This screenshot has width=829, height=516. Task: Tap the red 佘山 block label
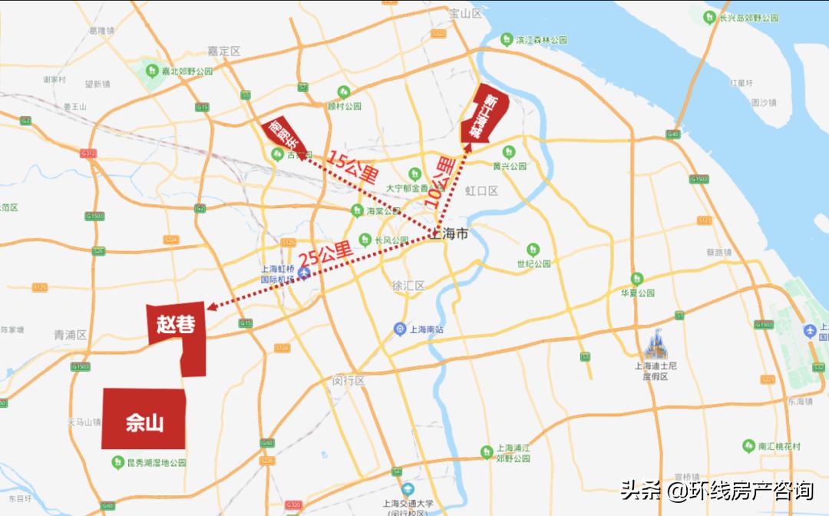click(145, 422)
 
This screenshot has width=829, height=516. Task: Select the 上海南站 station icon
click(400, 329)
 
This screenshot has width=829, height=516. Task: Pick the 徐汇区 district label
click(408, 286)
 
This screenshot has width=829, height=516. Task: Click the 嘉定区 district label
click(224, 51)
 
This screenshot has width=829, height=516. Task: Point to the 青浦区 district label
click(71, 336)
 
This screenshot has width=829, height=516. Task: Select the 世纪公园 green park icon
click(533, 249)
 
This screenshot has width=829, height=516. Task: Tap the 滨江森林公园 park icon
click(507, 39)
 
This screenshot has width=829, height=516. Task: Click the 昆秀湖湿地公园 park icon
click(117, 462)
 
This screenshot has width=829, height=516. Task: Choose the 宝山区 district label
click(465, 13)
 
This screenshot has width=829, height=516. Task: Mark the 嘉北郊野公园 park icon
click(151, 71)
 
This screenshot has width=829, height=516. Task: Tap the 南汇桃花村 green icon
click(748, 446)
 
